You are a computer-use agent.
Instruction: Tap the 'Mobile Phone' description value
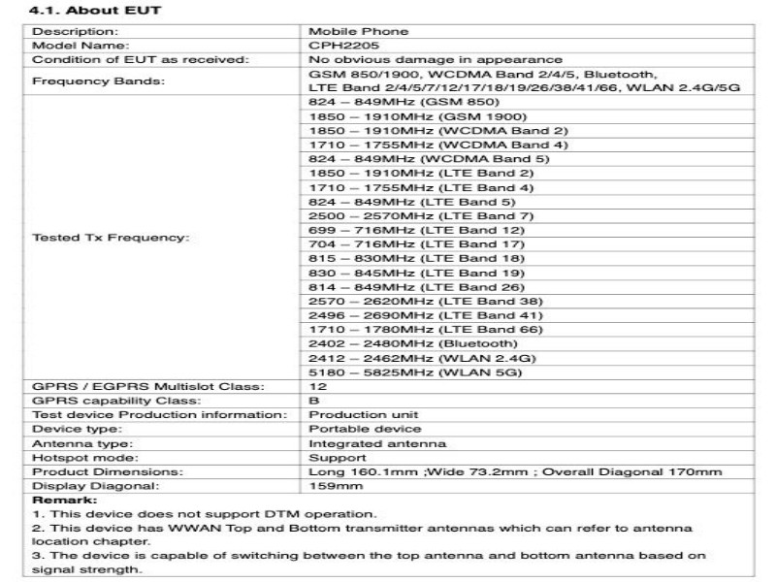pos(350,32)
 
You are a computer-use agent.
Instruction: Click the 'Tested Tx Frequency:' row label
pos(112,237)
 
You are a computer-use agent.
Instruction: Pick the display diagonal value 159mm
pos(329,486)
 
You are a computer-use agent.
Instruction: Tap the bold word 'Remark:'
pos(58,499)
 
